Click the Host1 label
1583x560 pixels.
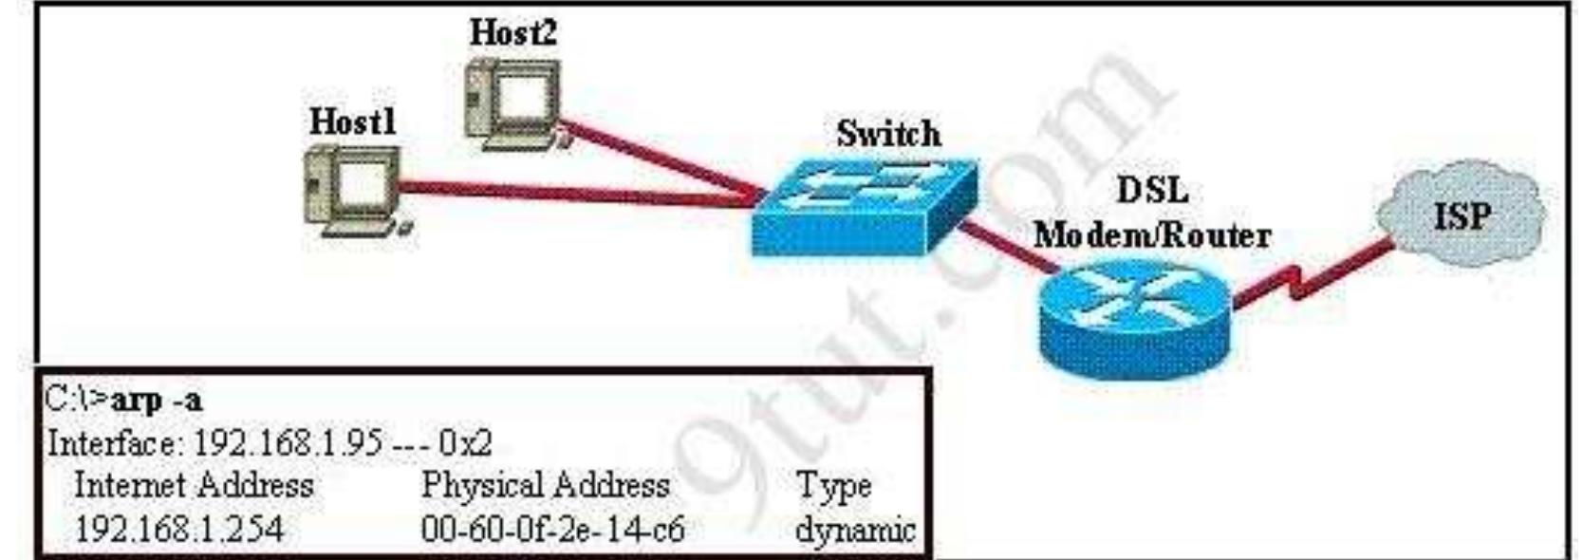click(x=352, y=121)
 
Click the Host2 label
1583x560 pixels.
click(x=513, y=33)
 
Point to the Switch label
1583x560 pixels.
click(x=888, y=134)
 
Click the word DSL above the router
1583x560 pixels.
click(x=1151, y=191)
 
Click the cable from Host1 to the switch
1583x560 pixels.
click(x=569, y=193)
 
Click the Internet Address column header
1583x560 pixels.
click(x=194, y=486)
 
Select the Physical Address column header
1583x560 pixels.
click(x=545, y=486)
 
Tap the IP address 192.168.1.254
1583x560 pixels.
click(x=178, y=528)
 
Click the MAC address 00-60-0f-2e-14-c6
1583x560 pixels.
click(x=552, y=528)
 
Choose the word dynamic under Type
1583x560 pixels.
click(x=854, y=528)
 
